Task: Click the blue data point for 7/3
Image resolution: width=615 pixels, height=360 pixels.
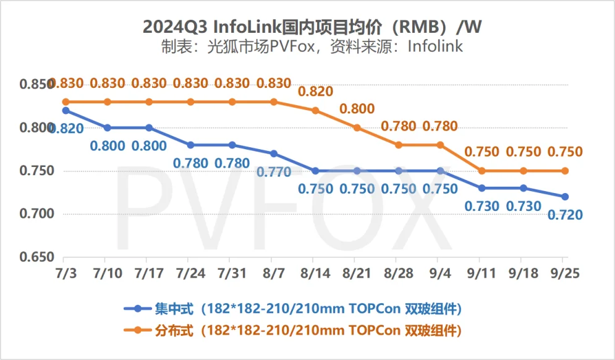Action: pyautogui.click(x=66, y=111)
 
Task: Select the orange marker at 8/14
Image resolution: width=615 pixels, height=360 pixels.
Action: pyautogui.click(x=315, y=110)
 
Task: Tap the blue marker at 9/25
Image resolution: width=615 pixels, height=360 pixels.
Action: pyautogui.click(x=564, y=197)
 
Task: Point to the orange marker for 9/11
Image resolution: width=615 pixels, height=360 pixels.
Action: pyautogui.click(x=481, y=171)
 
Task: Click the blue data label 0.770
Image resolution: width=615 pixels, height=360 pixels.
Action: pyautogui.click(x=274, y=173)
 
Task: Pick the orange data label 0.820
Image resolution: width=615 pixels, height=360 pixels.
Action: pyautogui.click(x=315, y=92)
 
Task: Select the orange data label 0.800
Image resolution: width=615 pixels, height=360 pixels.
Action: pyautogui.click(x=357, y=109)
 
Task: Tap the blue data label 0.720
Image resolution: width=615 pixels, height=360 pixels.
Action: pyautogui.click(x=564, y=215)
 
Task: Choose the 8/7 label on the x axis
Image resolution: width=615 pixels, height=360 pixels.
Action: pyautogui.click(x=273, y=273)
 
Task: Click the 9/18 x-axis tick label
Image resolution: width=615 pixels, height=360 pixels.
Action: pyautogui.click(x=523, y=273)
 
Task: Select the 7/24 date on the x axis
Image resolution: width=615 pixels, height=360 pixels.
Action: pyautogui.click(x=190, y=273)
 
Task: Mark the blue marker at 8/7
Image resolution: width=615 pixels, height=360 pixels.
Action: pyautogui.click(x=274, y=153)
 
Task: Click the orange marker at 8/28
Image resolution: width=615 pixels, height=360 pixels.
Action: pyautogui.click(x=399, y=145)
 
